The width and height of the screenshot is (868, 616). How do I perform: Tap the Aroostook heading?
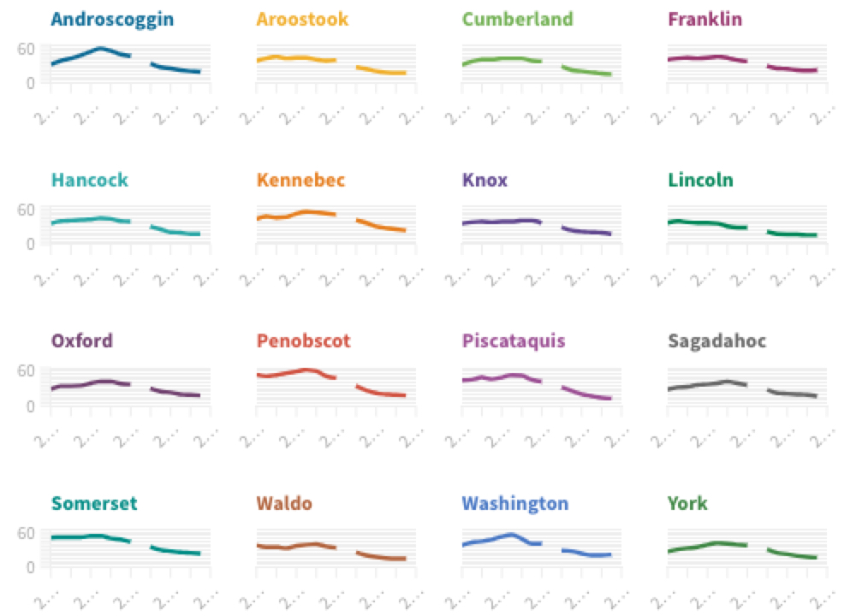click(302, 19)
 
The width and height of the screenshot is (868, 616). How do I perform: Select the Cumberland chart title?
click(517, 19)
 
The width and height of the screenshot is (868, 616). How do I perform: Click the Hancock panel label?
click(90, 180)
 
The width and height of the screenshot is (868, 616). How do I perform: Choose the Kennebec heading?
click(300, 180)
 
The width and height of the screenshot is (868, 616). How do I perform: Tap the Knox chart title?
click(485, 180)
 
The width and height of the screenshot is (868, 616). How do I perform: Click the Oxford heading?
click(81, 341)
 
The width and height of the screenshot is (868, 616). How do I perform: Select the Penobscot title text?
click(304, 341)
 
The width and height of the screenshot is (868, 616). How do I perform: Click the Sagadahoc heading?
click(716, 341)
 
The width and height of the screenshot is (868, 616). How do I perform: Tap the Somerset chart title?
click(93, 503)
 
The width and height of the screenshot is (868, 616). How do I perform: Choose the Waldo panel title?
click(284, 503)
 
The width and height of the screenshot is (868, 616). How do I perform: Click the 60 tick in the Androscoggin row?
click(27, 48)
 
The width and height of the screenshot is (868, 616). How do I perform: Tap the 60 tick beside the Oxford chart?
click(27, 370)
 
